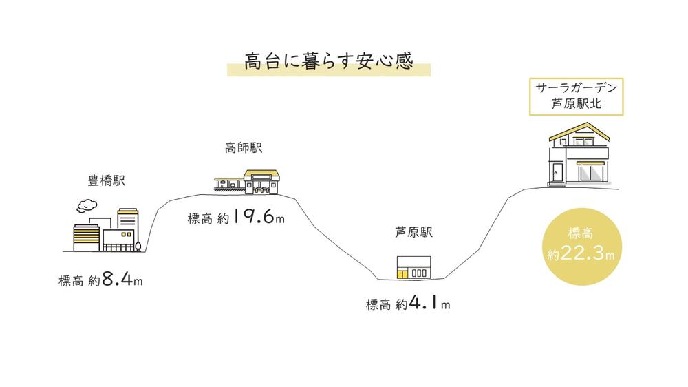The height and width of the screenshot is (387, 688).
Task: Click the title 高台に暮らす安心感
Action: pos(329,61)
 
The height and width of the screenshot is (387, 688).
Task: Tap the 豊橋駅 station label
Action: pos(107,180)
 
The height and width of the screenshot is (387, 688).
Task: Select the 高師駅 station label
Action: pos(244,147)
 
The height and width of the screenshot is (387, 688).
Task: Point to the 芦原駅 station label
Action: pos(413,232)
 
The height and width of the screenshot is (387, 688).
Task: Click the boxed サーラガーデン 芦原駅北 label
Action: pos(576,96)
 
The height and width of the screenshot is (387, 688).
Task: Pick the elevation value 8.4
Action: pos(118,279)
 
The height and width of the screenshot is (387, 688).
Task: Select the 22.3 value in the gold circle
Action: pos(582,253)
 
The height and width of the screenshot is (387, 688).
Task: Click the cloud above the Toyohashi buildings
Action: pos(87,206)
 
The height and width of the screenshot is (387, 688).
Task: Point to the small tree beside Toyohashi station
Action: pos(138,247)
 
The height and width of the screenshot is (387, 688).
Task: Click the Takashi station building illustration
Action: pos(247,182)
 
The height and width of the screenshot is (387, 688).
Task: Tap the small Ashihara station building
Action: pos(413,267)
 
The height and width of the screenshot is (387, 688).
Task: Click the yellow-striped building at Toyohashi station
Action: pos(87,238)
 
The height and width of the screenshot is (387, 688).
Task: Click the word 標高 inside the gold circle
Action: pos(581,233)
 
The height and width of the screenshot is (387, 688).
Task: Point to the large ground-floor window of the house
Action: pos(590,173)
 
